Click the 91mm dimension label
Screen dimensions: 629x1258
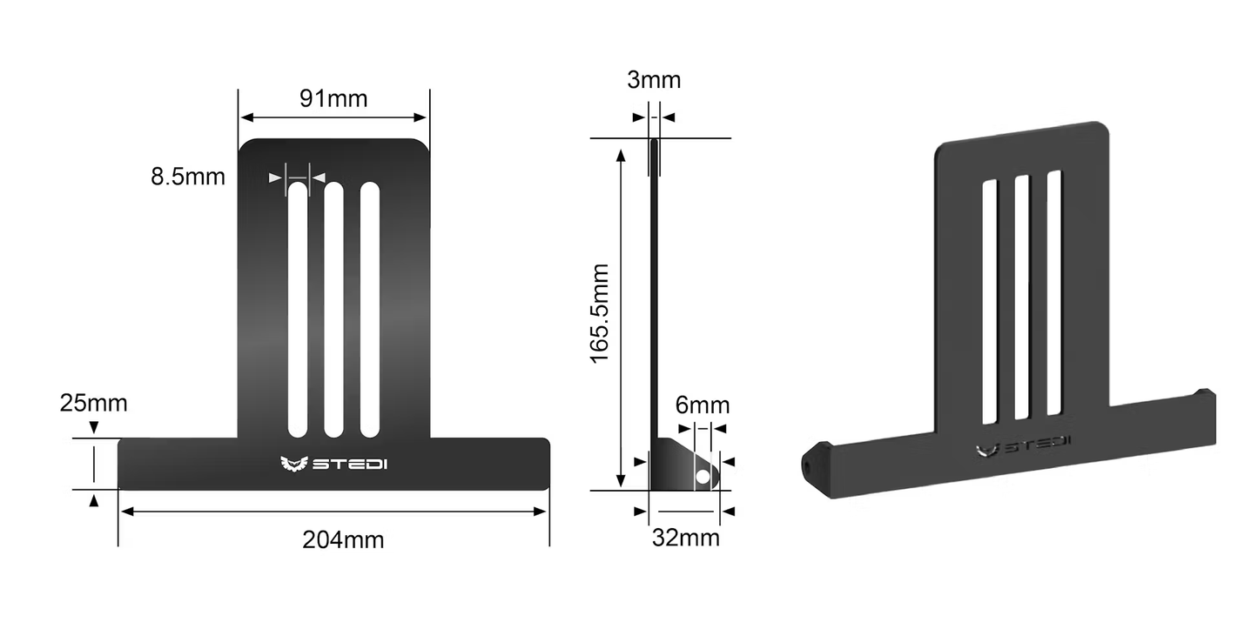pyautogui.click(x=333, y=98)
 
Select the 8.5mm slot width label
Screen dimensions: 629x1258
pyautogui.click(x=187, y=177)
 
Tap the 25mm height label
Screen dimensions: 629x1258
pyautogui.click(x=93, y=404)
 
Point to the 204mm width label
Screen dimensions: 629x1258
pyautogui.click(x=343, y=539)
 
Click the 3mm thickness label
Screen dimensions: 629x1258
pyautogui.click(x=654, y=80)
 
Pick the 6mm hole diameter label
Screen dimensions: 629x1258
pyautogui.click(x=703, y=405)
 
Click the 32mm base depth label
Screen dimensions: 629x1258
pyautogui.click(x=686, y=538)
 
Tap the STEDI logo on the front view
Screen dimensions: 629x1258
pyautogui.click(x=334, y=464)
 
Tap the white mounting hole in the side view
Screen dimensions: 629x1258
pyautogui.click(x=703, y=476)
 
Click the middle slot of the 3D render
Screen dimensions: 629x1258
pyautogui.click(x=1022, y=297)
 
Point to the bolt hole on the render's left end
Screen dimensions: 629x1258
pyautogui.click(x=806, y=467)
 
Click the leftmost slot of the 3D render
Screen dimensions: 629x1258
pyautogui.click(x=990, y=301)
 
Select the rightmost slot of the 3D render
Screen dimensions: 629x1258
pyautogui.click(x=1054, y=291)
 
